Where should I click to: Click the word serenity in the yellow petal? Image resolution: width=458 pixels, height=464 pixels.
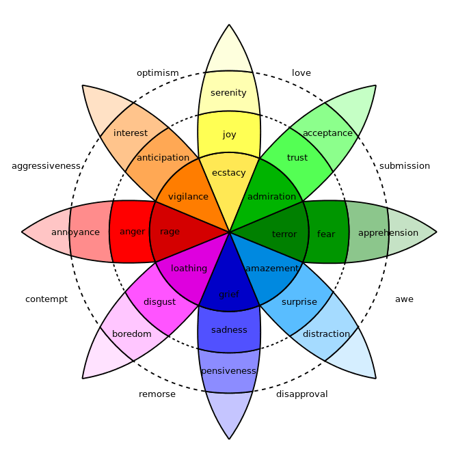228,93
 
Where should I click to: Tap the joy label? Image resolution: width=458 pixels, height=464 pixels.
229,135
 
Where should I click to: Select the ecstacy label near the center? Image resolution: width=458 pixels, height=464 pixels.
228,173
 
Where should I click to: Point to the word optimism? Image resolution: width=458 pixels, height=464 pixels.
157,73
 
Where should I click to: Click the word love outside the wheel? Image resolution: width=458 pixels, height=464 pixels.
301,73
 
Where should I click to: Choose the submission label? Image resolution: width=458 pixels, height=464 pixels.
405,166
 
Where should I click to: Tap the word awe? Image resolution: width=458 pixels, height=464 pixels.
404,299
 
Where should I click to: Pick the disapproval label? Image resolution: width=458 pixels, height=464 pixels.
301,394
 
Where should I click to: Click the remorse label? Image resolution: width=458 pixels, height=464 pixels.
157,394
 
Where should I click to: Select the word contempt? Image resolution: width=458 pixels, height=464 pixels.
46,299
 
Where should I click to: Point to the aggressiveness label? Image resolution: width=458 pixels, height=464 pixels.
46,166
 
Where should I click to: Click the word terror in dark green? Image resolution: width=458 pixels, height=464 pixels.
284,234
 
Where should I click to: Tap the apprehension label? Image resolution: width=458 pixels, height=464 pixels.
388,233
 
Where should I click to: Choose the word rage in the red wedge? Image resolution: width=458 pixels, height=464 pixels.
170,232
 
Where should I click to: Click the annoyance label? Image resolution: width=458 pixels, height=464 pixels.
75,232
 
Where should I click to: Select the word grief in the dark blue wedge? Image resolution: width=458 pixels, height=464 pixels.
229,295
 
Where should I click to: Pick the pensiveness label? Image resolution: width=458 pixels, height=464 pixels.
228,371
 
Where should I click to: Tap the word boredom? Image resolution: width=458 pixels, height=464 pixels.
132,334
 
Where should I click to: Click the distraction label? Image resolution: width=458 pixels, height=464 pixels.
326,334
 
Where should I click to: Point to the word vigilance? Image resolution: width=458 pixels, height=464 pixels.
188,197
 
